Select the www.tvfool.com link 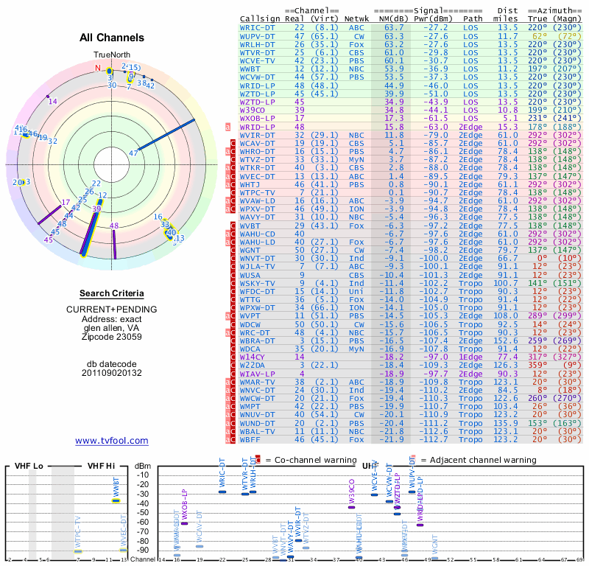pyautogui.click(x=111, y=441)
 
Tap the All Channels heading pyautogui.click(x=111, y=37)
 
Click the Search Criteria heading pyautogui.click(x=111, y=293)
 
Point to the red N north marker pyautogui.click(x=96, y=68)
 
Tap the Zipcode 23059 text pyautogui.click(x=111, y=337)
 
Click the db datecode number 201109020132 pyautogui.click(x=111, y=373)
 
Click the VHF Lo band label pyautogui.click(x=28, y=467)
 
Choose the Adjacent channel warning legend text pyautogui.click(x=482, y=460)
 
